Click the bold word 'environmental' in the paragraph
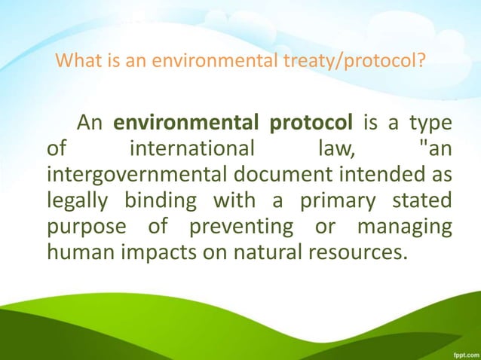pos(179,124)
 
